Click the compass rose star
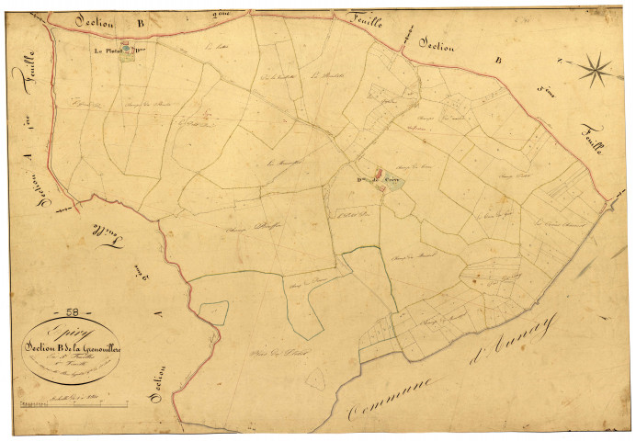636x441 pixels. click(x=596, y=67)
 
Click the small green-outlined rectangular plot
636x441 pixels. click(x=213, y=311)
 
